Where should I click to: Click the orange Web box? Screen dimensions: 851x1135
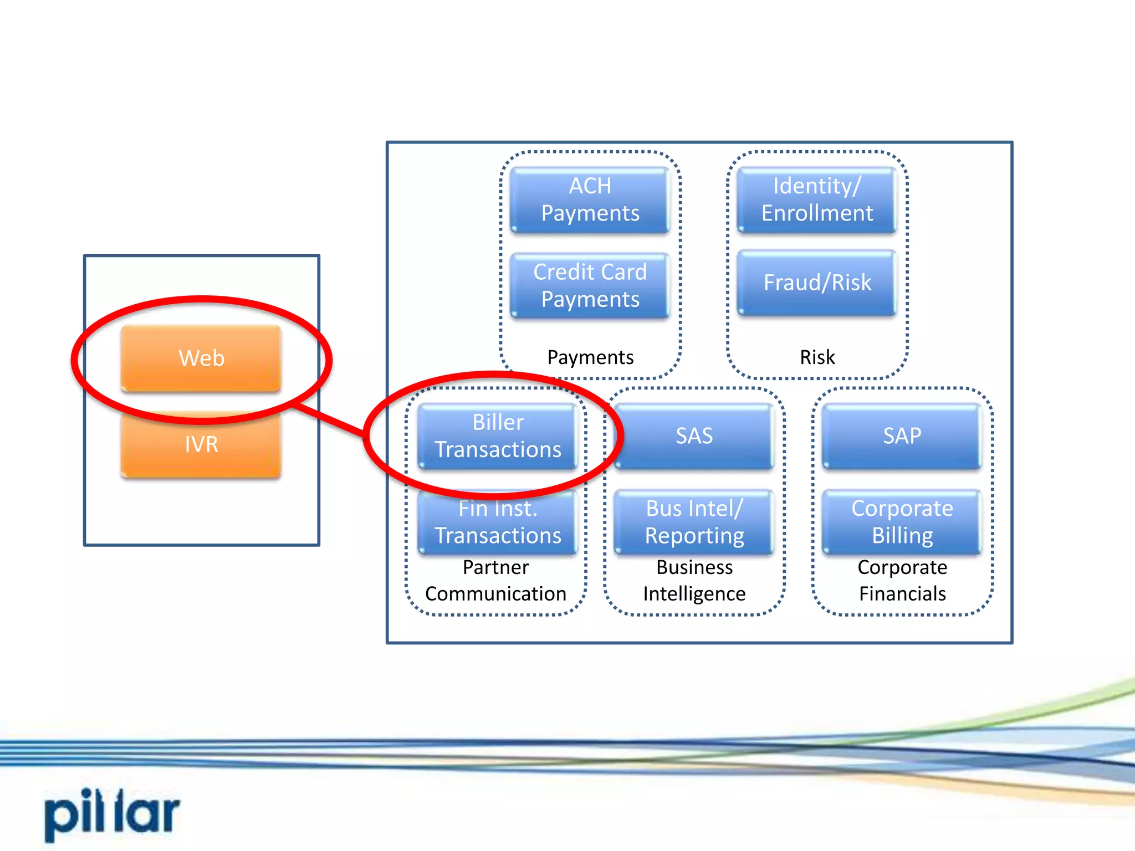pyautogui.click(x=201, y=358)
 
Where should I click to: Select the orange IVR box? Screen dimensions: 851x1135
pyautogui.click(x=201, y=444)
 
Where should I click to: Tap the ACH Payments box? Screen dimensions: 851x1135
pyautogui.click(x=590, y=199)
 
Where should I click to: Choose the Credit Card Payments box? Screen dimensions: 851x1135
pyautogui.click(x=590, y=285)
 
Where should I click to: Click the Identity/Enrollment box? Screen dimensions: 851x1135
pyautogui.click(x=816, y=199)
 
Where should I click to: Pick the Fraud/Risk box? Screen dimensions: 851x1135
pyautogui.click(x=816, y=283)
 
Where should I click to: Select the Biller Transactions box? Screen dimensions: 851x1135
pyautogui.click(x=497, y=436)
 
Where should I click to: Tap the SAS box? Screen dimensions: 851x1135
pyautogui.click(x=694, y=436)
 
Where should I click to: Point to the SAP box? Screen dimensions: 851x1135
pyautogui.click(x=902, y=436)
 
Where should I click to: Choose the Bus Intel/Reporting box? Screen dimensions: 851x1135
pyautogui.click(x=694, y=522)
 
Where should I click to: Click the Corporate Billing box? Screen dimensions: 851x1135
pyautogui.click(x=902, y=522)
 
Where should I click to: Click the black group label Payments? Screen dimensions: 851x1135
pyautogui.click(x=590, y=357)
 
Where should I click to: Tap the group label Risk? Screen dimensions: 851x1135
pyautogui.click(x=817, y=357)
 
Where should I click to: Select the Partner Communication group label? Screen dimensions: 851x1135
pyautogui.click(x=495, y=581)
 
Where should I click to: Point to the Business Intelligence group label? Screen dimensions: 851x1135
pyautogui.click(x=694, y=581)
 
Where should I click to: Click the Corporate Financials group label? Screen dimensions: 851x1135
pyautogui.click(x=902, y=581)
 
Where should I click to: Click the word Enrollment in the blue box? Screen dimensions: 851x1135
pyautogui.click(x=817, y=213)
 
